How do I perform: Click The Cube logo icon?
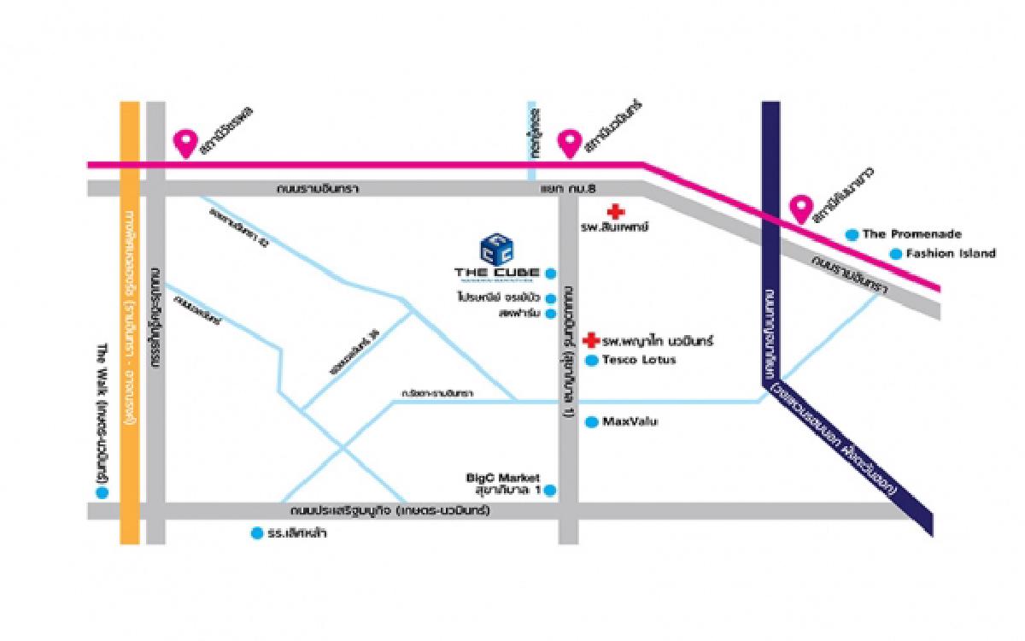pyautogui.click(x=497, y=248)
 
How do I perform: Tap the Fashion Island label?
pyautogui.click(x=951, y=253)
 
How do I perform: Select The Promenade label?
pyautogui.click(x=912, y=234)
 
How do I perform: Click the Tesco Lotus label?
pyautogui.click(x=639, y=361)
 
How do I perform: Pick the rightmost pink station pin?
pyautogui.click(x=800, y=208)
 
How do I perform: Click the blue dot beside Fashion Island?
pyautogui.click(x=895, y=253)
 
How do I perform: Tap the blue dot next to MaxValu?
pyautogui.click(x=591, y=421)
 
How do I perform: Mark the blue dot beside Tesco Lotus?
pyautogui.click(x=591, y=361)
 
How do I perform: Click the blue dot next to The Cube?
pyautogui.click(x=551, y=273)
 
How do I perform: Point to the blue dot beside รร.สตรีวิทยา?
pyautogui.click(x=255, y=534)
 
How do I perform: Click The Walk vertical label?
pyautogui.click(x=102, y=419)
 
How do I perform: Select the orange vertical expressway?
pyautogui.click(x=129, y=342)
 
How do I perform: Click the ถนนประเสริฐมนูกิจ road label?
pyautogui.click(x=389, y=511)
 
